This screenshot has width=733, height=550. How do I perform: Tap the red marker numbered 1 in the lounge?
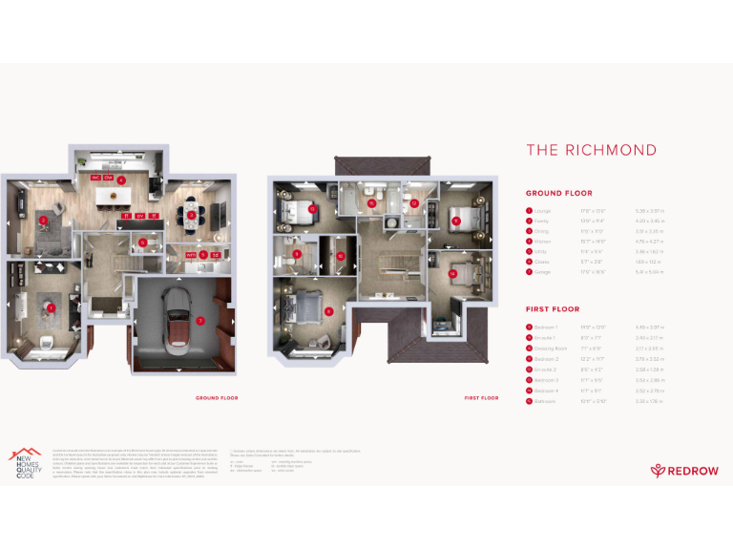(x=51, y=308)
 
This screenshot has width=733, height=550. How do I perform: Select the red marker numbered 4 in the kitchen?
(x=121, y=180)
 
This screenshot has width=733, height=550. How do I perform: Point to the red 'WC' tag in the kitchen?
(x=95, y=179)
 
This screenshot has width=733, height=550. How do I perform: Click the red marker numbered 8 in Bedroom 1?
(x=328, y=311)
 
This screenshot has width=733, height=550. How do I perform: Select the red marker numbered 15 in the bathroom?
(x=372, y=202)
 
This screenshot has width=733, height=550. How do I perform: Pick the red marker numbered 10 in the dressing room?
(x=340, y=256)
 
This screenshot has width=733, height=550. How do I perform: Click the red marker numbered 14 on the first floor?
(x=451, y=274)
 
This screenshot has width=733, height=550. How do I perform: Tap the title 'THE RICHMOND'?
(x=591, y=150)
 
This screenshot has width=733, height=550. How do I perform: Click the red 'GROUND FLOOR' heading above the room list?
(x=558, y=193)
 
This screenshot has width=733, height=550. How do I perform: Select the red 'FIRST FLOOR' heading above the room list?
(x=553, y=309)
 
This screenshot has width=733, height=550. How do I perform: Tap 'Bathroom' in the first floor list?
(x=545, y=401)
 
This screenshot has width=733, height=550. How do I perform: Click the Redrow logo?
(x=680, y=470)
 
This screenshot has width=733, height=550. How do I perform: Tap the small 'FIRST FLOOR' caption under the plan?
(x=481, y=397)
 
